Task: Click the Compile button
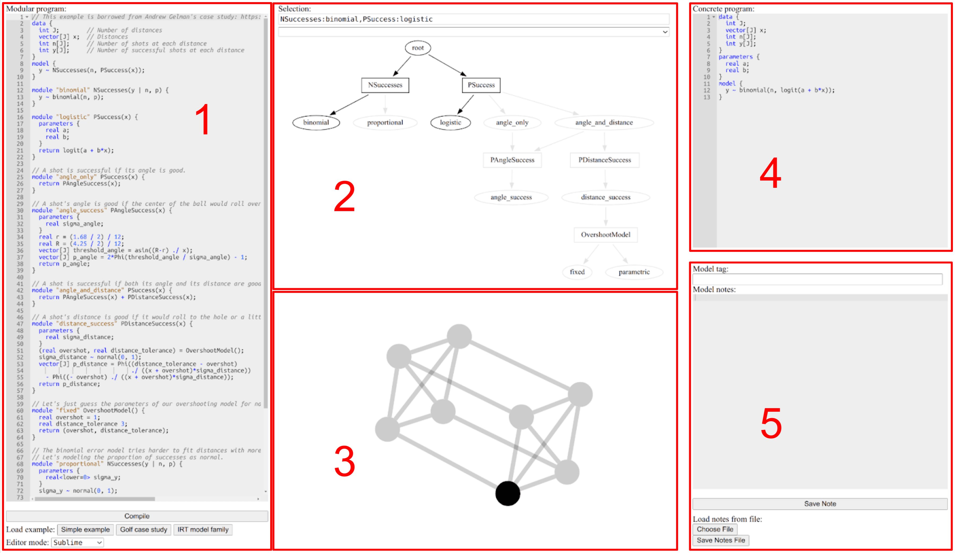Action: point(137,516)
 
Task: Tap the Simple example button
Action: point(85,529)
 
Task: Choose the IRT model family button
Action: point(203,529)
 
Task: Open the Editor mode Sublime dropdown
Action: point(77,542)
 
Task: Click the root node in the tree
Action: point(418,48)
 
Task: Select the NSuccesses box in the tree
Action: point(385,85)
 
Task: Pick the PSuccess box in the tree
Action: point(481,85)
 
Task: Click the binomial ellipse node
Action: point(316,122)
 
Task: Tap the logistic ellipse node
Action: point(450,122)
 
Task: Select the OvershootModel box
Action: point(605,235)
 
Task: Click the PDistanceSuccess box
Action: point(604,160)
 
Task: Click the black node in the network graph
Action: point(507,493)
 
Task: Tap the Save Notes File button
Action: point(720,540)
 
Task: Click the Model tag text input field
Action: point(817,279)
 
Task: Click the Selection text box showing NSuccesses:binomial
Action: point(473,19)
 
